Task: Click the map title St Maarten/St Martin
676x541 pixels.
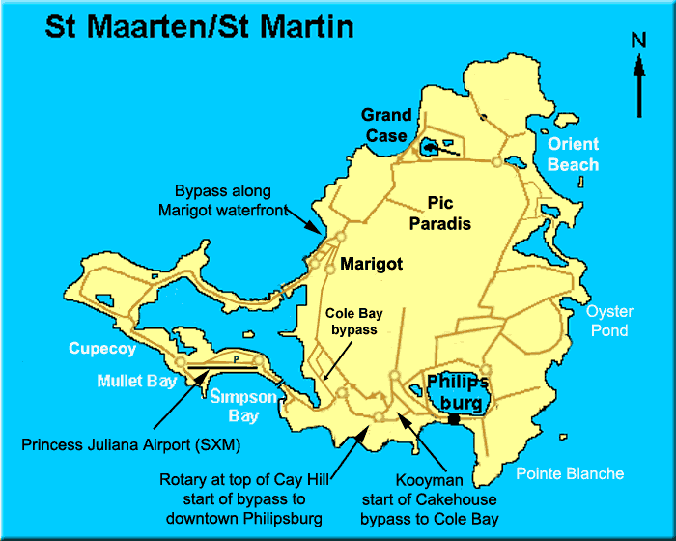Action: coord(199,25)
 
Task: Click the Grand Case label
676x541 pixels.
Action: coord(386,126)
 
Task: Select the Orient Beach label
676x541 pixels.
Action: coord(573,155)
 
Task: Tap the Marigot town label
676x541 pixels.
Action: coord(372,263)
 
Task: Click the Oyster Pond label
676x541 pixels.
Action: coord(609,321)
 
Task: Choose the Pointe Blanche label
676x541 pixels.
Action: coord(570,473)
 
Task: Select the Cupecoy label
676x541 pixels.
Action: coord(102,349)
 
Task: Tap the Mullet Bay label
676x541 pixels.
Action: coord(137,381)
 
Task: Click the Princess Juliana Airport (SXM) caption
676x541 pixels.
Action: coord(130,445)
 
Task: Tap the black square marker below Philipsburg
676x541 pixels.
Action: coord(453,418)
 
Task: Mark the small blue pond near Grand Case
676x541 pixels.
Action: coord(430,148)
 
